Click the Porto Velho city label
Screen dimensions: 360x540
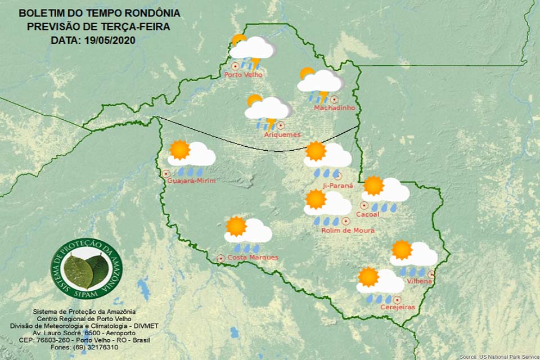click(x=243, y=74)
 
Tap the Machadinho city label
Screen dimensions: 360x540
click(x=335, y=107)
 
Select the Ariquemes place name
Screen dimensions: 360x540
click(x=282, y=134)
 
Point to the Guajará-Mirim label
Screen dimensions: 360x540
click(x=192, y=180)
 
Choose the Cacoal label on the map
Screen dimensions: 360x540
click(x=368, y=214)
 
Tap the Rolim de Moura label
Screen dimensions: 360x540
click(x=348, y=230)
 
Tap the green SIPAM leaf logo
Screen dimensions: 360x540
click(x=86, y=269)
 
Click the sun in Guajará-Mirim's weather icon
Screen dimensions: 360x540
click(x=180, y=150)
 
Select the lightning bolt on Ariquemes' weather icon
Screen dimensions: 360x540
click(x=271, y=124)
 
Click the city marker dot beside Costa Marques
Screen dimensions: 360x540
click(x=220, y=258)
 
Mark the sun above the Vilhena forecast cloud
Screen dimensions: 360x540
click(x=402, y=249)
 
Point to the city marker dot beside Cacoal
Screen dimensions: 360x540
click(x=364, y=205)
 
